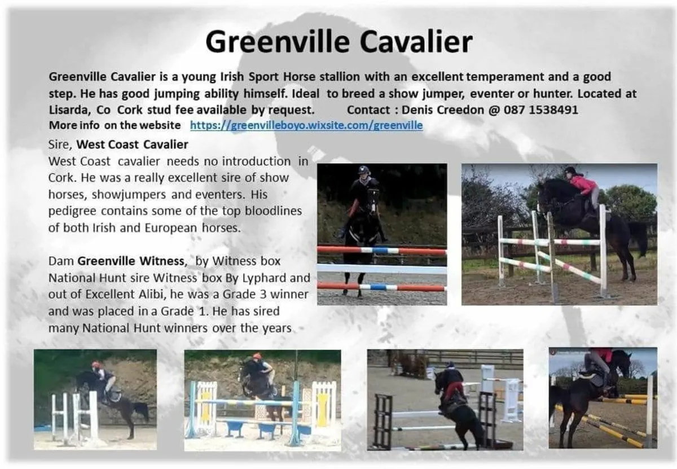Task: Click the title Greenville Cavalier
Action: pyautogui.click(x=338, y=42)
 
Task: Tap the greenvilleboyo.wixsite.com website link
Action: pyautogui.click(x=306, y=125)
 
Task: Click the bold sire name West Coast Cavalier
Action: pyautogui.click(x=132, y=144)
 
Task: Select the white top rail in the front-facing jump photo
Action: pyautogui.click(x=382, y=269)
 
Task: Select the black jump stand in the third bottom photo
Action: pyautogui.click(x=383, y=420)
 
